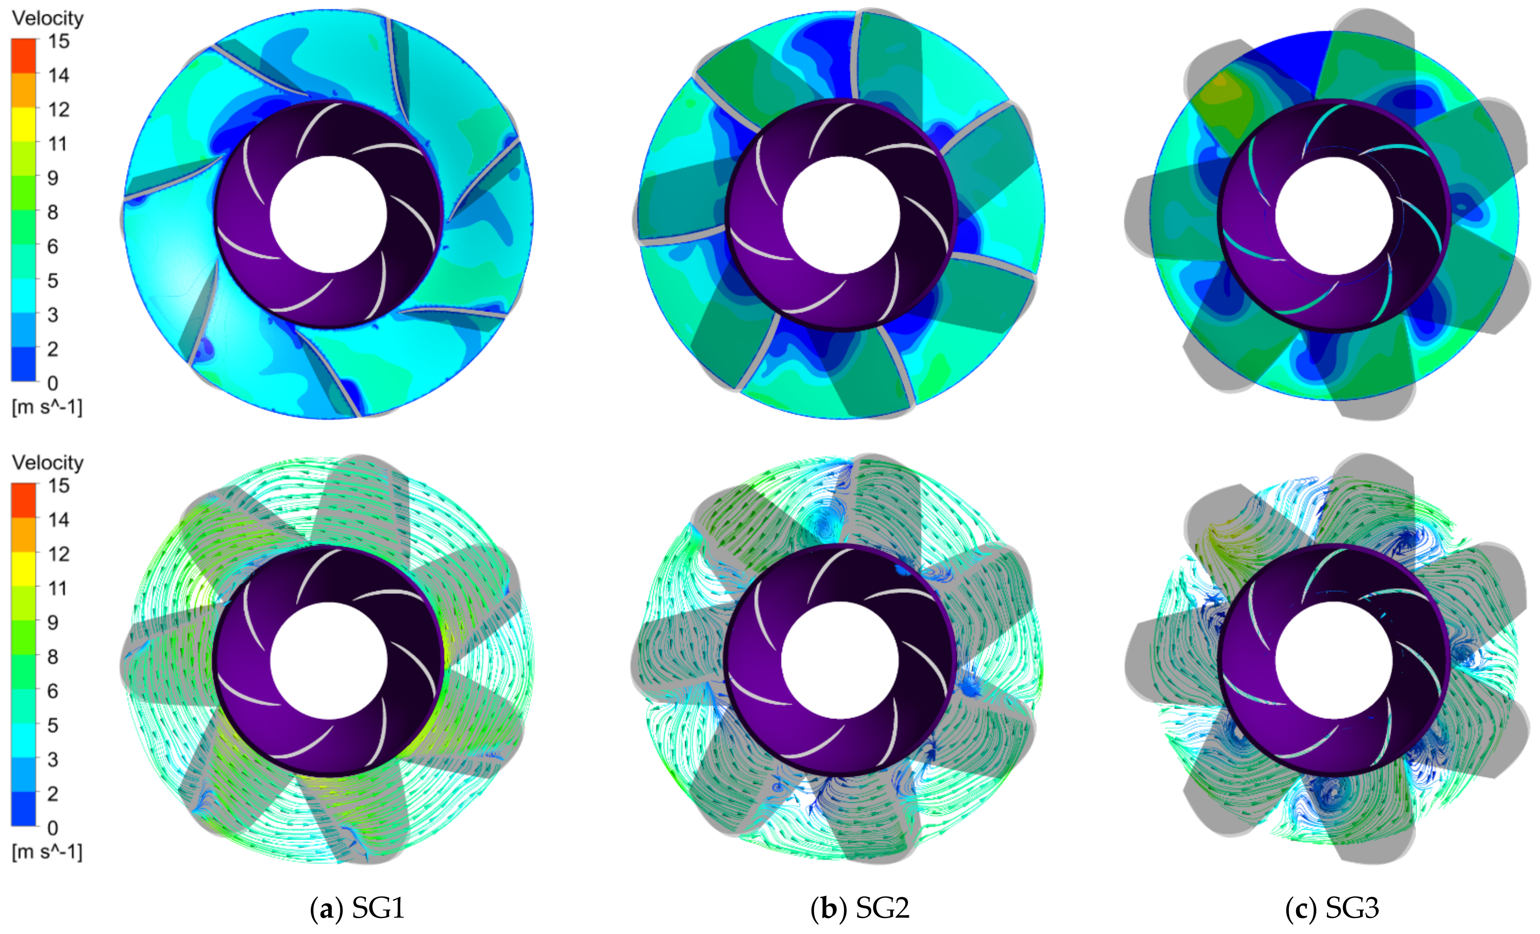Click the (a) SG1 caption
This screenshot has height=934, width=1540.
[357, 909]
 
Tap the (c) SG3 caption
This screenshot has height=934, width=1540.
[1332, 909]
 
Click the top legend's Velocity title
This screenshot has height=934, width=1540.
[48, 18]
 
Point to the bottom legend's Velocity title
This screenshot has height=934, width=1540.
[48, 463]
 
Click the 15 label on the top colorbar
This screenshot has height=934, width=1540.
[59, 42]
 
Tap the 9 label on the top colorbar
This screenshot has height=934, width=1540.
[53, 178]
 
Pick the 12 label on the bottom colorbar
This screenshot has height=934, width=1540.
[59, 554]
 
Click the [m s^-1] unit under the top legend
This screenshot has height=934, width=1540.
[47, 408]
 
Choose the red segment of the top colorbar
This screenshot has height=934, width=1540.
[24, 55]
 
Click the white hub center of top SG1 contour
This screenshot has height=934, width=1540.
[329, 214]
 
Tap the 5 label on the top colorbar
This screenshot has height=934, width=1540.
[53, 281]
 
